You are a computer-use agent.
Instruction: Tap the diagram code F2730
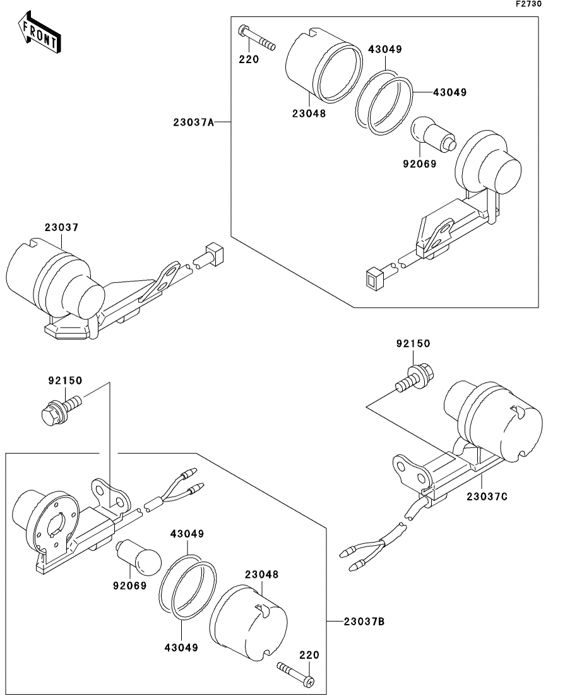(x=528, y=4)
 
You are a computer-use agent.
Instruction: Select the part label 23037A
(x=194, y=122)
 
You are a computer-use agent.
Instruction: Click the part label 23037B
(x=364, y=621)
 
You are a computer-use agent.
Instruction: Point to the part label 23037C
(x=487, y=496)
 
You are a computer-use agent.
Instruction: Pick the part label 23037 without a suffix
(x=61, y=227)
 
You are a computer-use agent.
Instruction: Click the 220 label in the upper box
(x=249, y=59)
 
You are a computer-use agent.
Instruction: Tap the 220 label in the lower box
(x=309, y=655)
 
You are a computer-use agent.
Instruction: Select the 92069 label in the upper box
(x=420, y=164)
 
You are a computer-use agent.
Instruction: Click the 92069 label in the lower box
(x=129, y=586)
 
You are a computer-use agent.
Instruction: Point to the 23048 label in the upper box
(x=309, y=113)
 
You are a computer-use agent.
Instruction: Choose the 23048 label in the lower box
(x=261, y=574)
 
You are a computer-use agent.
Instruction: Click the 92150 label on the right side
(x=413, y=343)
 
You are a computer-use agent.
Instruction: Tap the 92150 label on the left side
(x=65, y=381)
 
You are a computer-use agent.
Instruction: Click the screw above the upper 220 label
(x=257, y=38)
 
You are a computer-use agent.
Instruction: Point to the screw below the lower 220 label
(x=296, y=672)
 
